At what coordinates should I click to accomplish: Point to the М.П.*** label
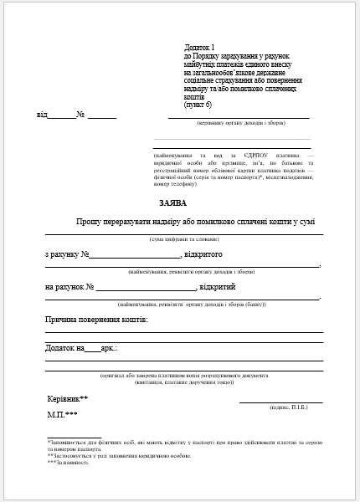[63, 415]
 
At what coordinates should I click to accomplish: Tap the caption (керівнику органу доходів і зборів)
[239, 123]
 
